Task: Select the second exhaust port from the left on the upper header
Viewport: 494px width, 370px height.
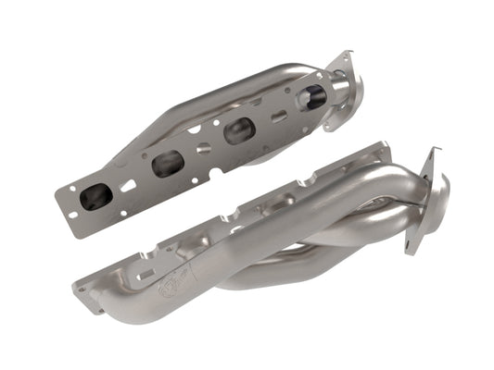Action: click(x=168, y=164)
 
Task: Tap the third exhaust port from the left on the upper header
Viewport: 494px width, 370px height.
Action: click(x=238, y=130)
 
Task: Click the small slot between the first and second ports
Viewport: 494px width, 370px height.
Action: click(x=129, y=185)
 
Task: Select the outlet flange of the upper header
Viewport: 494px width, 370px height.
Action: click(x=343, y=79)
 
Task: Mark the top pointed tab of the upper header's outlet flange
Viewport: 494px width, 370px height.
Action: click(x=350, y=55)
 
